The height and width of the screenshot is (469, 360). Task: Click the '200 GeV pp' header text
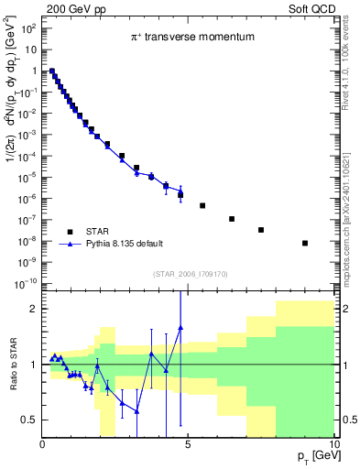(x=69, y=7)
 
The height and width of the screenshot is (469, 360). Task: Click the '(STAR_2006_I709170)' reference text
(x=189, y=272)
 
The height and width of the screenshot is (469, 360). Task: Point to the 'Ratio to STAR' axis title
(x=14, y=365)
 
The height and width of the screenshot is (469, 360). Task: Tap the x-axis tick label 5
(x=189, y=446)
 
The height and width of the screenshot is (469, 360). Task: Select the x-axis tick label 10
(x=332, y=446)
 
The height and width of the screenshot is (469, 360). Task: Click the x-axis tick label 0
(x=43, y=446)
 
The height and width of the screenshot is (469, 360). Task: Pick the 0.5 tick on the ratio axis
(x=29, y=420)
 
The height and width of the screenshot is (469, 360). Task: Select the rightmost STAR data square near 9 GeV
(x=305, y=243)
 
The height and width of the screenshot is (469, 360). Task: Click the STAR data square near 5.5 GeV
(x=202, y=205)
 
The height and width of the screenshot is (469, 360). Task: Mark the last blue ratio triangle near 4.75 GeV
(x=180, y=327)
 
